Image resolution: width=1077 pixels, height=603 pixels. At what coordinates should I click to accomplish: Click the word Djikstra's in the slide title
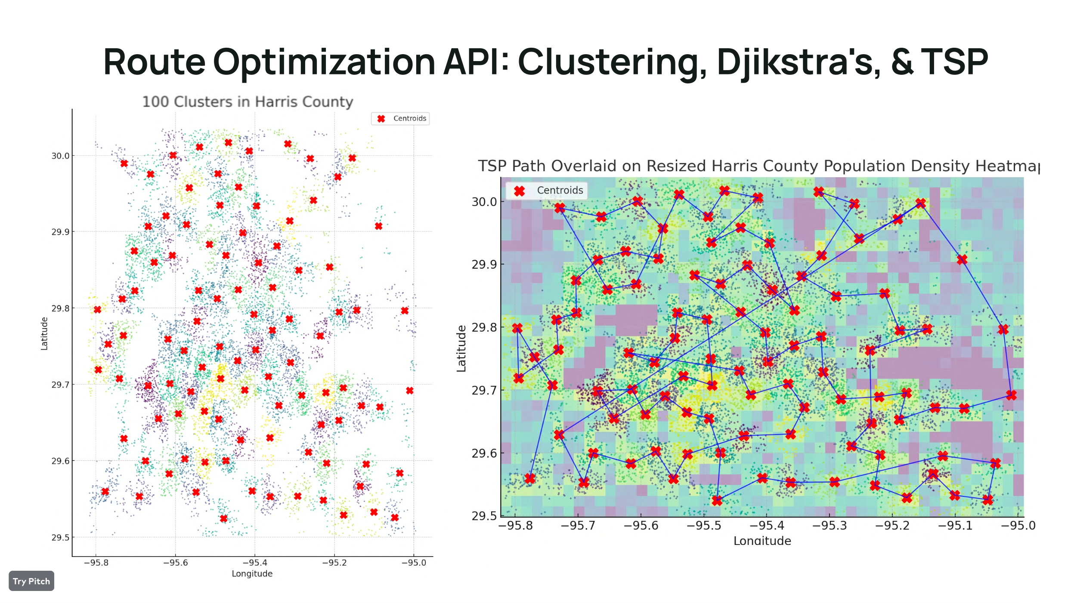(798, 62)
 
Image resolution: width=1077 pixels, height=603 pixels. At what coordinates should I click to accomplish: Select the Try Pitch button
(31, 581)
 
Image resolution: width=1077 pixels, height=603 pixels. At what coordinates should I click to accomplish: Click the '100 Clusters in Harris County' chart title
(248, 102)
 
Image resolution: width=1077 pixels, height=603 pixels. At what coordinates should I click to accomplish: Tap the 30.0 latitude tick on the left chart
(60, 156)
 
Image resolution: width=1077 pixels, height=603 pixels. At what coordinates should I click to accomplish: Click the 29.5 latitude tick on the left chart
(60, 538)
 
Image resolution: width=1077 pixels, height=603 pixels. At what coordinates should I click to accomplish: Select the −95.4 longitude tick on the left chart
(254, 563)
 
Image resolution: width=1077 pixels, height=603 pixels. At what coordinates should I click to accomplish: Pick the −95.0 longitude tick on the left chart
(414, 563)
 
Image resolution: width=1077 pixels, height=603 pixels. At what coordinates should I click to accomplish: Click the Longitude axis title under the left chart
(252, 574)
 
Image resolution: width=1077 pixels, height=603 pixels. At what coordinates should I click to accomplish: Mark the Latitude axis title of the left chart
(44, 334)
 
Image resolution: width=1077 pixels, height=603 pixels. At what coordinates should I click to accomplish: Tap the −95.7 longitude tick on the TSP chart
(578, 526)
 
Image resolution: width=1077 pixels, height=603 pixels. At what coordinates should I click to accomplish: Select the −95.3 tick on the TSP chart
(829, 526)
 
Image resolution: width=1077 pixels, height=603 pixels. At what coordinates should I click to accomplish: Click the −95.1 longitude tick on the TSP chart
(955, 526)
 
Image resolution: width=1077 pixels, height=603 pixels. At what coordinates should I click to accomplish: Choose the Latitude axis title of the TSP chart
(461, 348)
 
